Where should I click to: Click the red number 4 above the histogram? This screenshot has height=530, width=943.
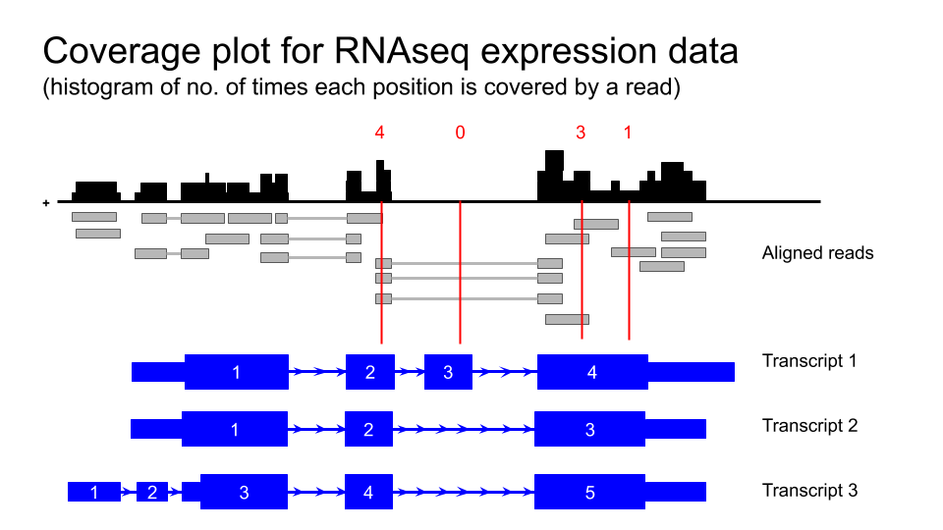[x=380, y=132]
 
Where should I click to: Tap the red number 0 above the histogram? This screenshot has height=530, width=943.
[x=460, y=132]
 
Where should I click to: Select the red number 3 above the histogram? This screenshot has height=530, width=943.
[x=581, y=132]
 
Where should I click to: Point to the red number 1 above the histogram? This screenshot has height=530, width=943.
[x=628, y=132]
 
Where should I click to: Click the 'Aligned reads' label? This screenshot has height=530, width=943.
[x=817, y=253]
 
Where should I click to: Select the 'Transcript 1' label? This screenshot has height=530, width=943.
[x=809, y=360]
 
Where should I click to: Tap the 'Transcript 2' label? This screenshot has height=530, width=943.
[x=809, y=425]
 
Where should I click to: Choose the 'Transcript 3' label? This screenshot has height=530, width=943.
[x=809, y=490]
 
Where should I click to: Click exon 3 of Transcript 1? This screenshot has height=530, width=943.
[x=448, y=372]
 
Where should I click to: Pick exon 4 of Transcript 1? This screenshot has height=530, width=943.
[x=591, y=372]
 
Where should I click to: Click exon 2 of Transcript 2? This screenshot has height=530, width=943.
[x=369, y=429]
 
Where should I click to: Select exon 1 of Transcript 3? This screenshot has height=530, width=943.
[x=93, y=492]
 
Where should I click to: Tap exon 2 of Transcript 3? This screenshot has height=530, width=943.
[x=152, y=492]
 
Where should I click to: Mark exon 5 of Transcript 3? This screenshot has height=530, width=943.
[x=589, y=492]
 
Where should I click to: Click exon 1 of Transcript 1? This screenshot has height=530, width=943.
[x=236, y=372]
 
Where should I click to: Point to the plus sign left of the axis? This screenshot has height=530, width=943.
[x=46, y=203]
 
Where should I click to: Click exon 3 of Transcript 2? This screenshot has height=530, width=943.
[x=589, y=429]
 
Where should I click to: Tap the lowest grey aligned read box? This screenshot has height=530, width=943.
[x=567, y=319]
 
